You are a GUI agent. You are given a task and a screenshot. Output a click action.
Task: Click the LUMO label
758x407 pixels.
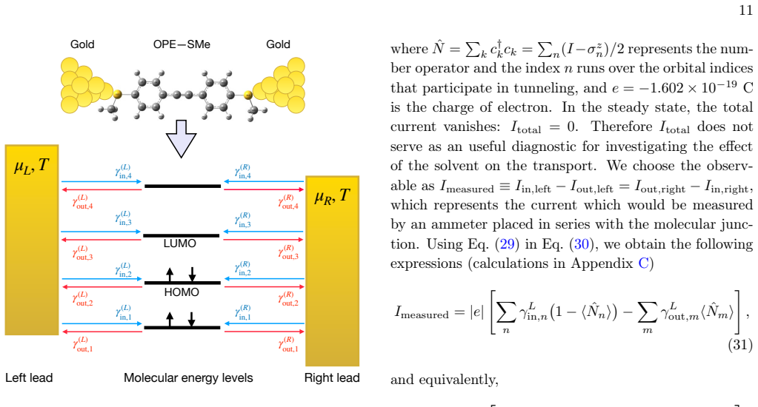coord(180,243)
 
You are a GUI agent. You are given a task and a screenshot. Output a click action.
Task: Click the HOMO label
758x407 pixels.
coord(182,292)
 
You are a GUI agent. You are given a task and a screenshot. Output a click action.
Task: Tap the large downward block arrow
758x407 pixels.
coord(181,138)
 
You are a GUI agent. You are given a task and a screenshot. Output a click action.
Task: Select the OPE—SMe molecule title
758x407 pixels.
coord(182,44)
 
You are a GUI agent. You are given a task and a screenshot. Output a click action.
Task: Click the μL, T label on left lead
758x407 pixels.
coord(31,166)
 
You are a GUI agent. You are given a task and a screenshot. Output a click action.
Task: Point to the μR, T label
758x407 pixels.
coord(332,196)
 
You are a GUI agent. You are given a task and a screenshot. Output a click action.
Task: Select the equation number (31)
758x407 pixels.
coord(740,345)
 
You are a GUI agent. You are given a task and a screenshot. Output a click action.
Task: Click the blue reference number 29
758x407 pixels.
coord(507,243)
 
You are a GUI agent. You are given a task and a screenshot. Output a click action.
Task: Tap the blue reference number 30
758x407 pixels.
coord(581,243)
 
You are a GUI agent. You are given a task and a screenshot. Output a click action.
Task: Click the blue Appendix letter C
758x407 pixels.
coord(643,263)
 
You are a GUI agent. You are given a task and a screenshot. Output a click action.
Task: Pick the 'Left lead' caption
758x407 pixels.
coord(29,377)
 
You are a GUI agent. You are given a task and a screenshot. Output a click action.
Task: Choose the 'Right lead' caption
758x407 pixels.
coord(332,377)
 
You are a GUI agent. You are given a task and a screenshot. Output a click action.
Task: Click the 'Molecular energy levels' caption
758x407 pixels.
coord(188,377)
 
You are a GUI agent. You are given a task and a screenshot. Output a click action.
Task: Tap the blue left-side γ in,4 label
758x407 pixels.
coord(123,172)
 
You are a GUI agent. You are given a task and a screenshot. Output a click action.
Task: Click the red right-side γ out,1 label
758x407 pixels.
coord(288,344)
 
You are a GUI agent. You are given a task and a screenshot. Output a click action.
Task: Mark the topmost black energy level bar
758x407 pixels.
coord(182,186)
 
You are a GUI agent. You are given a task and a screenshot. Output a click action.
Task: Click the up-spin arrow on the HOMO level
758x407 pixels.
coord(170,275)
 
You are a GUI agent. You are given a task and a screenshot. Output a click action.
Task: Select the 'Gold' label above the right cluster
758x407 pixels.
coord(278,44)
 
